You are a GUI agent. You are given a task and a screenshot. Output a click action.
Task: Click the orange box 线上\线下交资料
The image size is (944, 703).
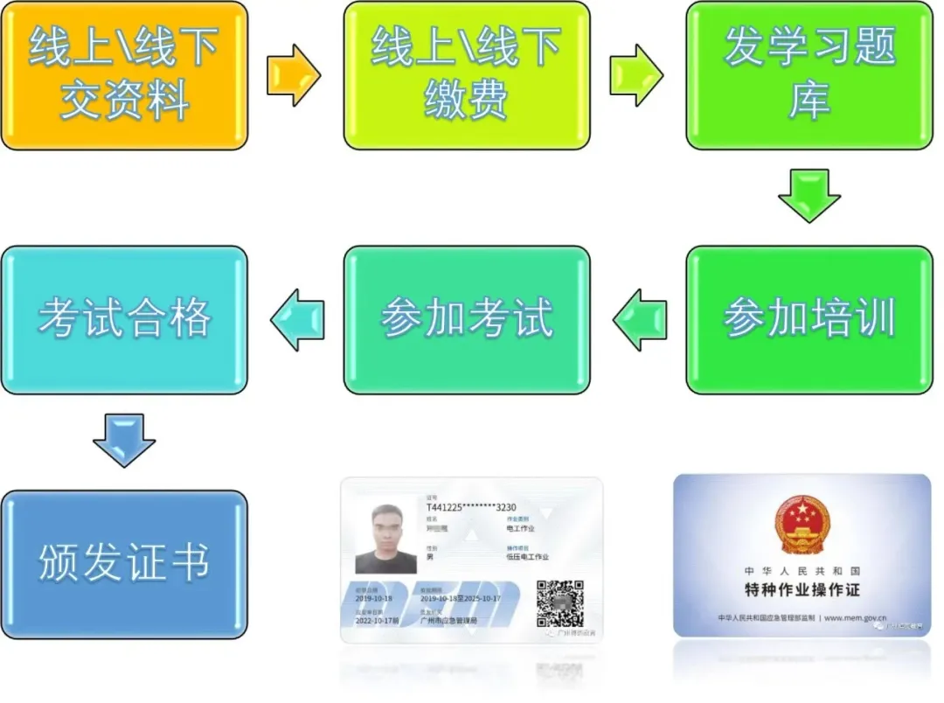pyautogui.click(x=123, y=74)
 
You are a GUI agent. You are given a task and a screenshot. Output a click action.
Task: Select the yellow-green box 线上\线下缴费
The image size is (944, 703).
pyautogui.click(x=466, y=74)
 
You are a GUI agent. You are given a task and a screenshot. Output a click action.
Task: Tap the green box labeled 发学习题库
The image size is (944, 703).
pyautogui.click(x=809, y=74)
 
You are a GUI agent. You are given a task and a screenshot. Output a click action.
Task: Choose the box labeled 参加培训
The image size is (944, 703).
pyautogui.click(x=809, y=319)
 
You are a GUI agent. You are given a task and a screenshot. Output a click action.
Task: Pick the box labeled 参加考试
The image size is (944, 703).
pyautogui.click(x=466, y=319)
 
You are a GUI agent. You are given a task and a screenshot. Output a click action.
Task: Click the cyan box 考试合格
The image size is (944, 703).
pyautogui.click(x=123, y=319)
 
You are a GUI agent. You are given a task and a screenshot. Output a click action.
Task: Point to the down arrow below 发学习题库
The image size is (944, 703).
pyautogui.click(x=809, y=195)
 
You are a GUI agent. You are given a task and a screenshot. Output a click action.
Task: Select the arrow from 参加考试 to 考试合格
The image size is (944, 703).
pyautogui.click(x=297, y=320)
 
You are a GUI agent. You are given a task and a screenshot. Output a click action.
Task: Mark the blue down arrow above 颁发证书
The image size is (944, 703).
pyautogui.click(x=123, y=440)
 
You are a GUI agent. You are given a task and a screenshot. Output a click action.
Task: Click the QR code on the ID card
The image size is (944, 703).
pyautogui.click(x=559, y=602)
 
